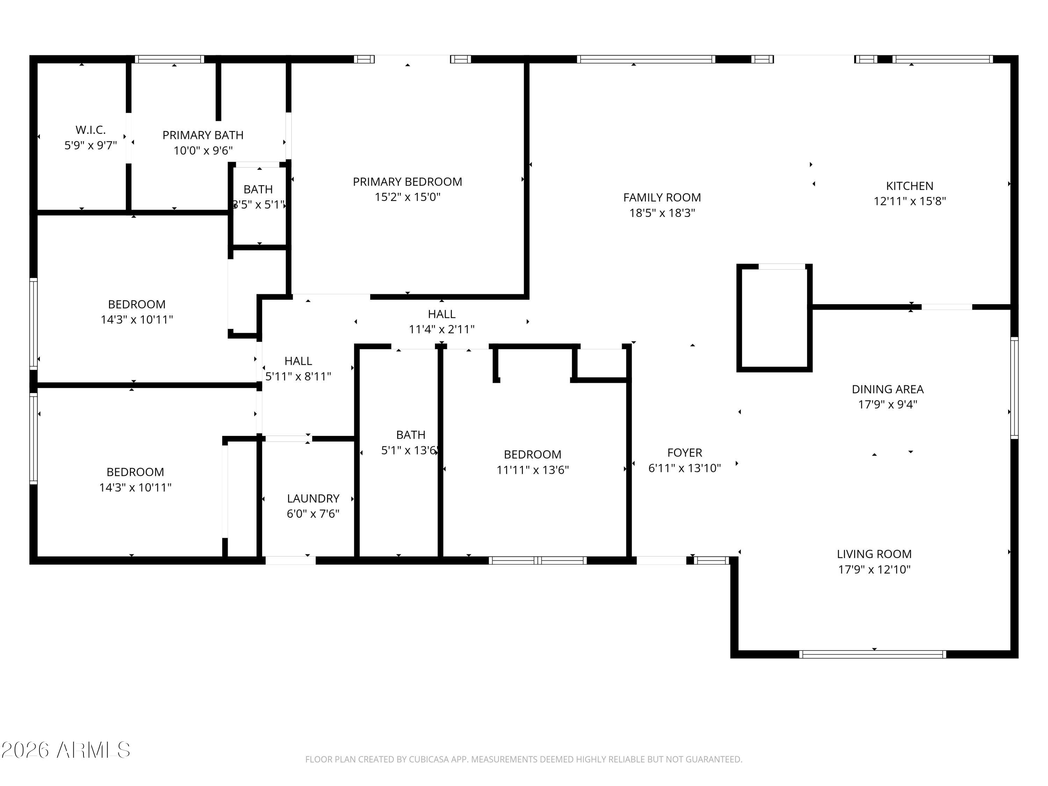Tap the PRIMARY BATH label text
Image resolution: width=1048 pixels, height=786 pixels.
pyautogui.click(x=203, y=135)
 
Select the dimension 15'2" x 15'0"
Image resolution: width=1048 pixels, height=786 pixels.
pyautogui.click(x=407, y=197)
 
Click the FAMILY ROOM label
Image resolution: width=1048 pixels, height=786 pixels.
pyautogui.click(x=662, y=198)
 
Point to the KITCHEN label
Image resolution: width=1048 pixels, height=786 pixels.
pyautogui.click(x=909, y=186)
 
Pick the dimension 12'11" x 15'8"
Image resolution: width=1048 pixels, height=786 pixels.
pyautogui.click(x=909, y=201)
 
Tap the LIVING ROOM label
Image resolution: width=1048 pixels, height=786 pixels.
pyautogui.click(x=874, y=554)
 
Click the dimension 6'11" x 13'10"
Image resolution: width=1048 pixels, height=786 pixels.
pyautogui.click(x=684, y=468)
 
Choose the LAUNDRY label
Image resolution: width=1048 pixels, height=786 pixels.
pyautogui.click(x=313, y=498)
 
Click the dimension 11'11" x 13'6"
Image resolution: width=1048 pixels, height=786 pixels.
pyautogui.click(x=532, y=470)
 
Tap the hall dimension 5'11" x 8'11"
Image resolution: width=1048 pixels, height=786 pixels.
pyautogui.click(x=298, y=377)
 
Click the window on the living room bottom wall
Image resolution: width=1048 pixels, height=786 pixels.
pyautogui.click(x=872, y=654)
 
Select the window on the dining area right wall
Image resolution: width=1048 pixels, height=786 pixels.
pyautogui.click(x=1014, y=387)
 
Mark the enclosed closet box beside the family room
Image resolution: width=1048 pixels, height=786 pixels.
pyautogui.click(x=774, y=318)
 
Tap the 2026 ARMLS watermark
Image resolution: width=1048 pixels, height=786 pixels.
pyautogui.click(x=66, y=750)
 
